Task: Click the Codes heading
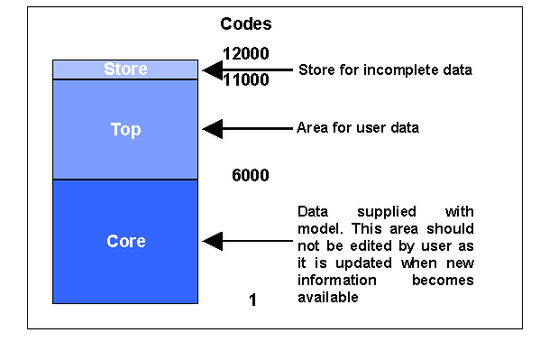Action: pos(245,24)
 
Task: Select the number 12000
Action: pos(245,53)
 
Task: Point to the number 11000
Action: pos(245,80)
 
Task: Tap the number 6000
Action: pos(250,176)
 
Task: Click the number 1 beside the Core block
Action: pos(252,300)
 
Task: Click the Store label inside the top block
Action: pos(125,69)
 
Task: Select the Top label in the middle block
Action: pos(125,129)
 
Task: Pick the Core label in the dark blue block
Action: pos(125,241)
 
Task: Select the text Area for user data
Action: pos(357,128)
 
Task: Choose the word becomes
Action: pos(443,280)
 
